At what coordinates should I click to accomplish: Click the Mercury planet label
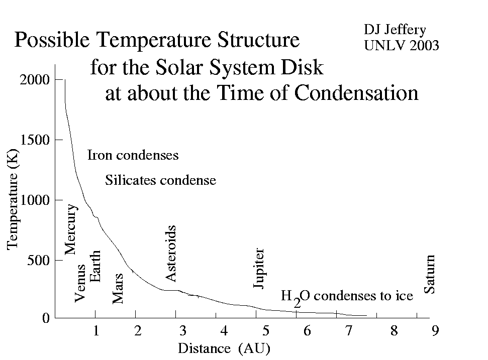click(71, 229)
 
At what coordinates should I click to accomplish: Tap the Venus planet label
click(80, 283)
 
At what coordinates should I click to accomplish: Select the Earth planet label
click(95, 266)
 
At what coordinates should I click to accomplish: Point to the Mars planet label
click(118, 289)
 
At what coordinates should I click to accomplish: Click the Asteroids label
click(170, 254)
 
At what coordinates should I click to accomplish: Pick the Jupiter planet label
click(259, 268)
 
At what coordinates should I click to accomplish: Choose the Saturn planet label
click(430, 274)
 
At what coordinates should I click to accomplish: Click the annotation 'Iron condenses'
click(133, 155)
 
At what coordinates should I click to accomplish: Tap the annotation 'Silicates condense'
click(161, 180)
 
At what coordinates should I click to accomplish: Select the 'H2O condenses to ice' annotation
click(347, 297)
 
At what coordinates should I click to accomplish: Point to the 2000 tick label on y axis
click(35, 80)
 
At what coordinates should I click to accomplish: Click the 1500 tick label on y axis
click(35, 140)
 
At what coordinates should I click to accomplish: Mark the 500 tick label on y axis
click(38, 260)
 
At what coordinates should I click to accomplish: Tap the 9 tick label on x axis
click(435, 330)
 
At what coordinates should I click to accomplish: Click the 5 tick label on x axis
click(265, 330)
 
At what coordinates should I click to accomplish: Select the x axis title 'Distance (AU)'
click(224, 348)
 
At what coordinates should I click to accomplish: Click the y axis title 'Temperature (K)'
click(13, 199)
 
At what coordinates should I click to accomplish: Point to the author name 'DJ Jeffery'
click(395, 30)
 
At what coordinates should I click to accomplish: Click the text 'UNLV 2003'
click(402, 45)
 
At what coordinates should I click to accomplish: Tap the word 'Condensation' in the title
click(356, 93)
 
